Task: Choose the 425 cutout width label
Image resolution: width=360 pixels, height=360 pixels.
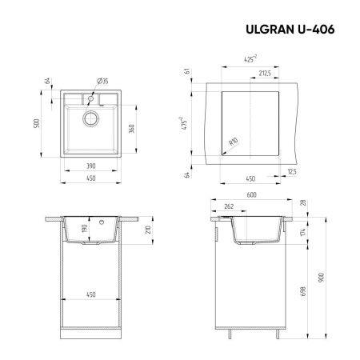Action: pyautogui.click(x=251, y=58)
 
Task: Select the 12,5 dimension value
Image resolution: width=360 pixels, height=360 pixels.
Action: pyautogui.click(x=293, y=170)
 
